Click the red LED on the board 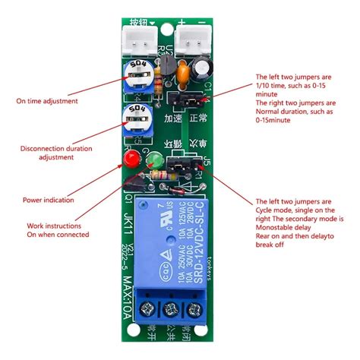pos(130,160)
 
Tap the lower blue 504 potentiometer pos(137,119)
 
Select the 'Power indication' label pos(49,201)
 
